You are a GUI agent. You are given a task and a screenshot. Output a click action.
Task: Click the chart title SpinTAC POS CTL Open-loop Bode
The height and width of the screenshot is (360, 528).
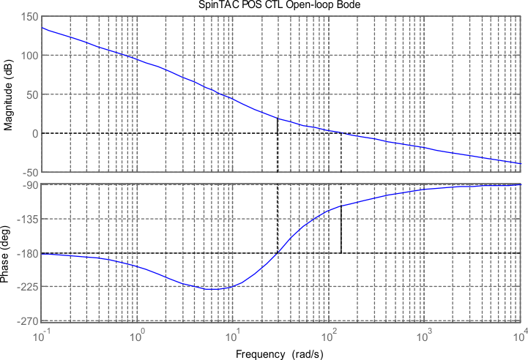click(x=283, y=6)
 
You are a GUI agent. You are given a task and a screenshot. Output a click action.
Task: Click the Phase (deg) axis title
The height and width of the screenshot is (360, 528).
click(x=9, y=253)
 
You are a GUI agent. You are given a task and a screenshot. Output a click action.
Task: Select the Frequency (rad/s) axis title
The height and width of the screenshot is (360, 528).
click(x=280, y=353)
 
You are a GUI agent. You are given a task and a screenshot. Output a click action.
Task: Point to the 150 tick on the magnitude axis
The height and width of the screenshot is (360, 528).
click(x=29, y=16)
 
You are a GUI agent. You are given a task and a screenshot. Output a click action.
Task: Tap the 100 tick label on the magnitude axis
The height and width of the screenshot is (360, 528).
click(x=29, y=56)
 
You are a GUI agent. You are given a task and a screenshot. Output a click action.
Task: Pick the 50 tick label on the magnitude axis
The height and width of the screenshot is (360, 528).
click(x=32, y=94)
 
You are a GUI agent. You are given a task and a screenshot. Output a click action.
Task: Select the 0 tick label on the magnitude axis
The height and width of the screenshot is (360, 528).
click(x=35, y=133)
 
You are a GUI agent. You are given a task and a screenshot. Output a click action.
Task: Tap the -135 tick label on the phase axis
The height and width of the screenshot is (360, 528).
click(x=29, y=219)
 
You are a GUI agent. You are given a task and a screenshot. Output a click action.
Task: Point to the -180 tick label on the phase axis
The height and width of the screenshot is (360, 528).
click(x=29, y=253)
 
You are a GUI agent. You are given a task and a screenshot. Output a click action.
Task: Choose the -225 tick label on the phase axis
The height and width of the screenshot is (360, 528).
click(x=29, y=287)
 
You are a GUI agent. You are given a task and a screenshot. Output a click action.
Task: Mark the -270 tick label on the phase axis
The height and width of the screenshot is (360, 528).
click(x=29, y=321)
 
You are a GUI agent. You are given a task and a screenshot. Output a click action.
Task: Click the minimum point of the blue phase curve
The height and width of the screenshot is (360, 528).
click(x=212, y=289)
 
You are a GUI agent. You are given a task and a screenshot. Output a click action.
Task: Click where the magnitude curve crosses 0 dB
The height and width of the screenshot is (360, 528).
click(x=341, y=133)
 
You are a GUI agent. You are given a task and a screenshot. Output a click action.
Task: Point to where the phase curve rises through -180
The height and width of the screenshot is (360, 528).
click(x=278, y=253)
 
